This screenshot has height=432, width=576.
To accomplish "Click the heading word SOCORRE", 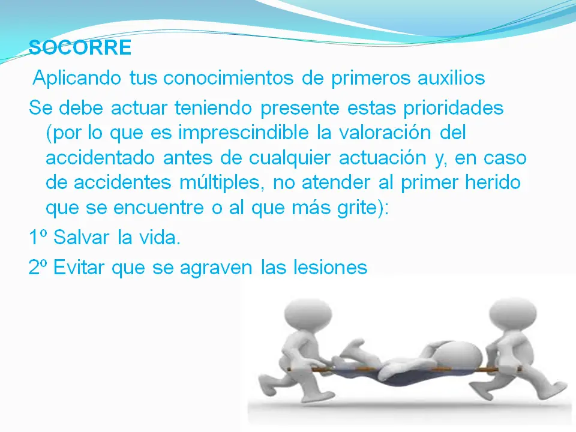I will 80,47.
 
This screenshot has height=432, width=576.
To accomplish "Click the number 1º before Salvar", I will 38,238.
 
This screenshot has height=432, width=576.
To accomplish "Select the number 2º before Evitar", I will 38,267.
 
